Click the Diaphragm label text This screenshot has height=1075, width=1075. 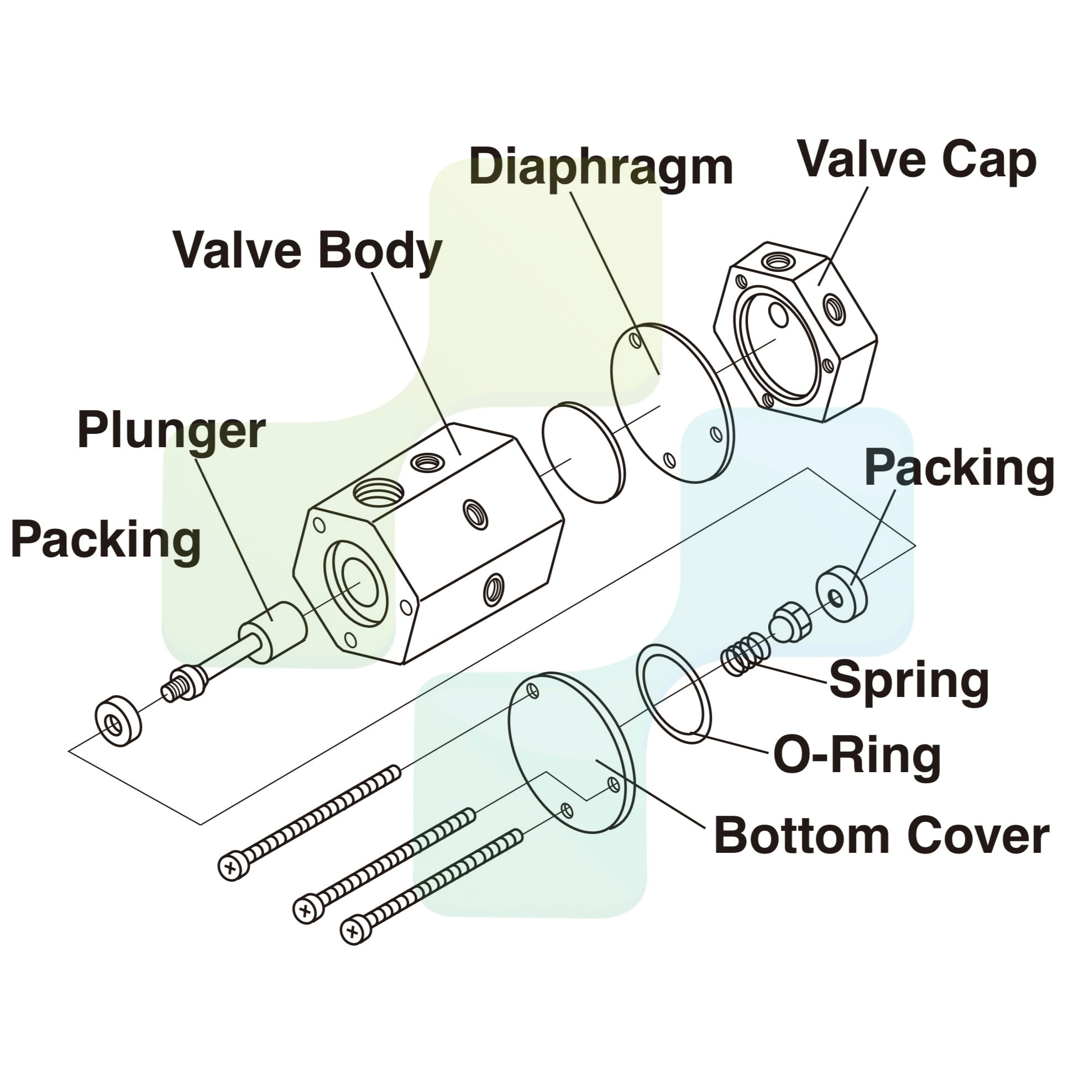tap(601, 167)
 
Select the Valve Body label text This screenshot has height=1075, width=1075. tap(308, 251)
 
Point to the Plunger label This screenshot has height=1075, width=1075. tap(171, 431)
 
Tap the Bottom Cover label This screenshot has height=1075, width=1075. tap(882, 836)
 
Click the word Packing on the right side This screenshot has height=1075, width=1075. tap(959, 468)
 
